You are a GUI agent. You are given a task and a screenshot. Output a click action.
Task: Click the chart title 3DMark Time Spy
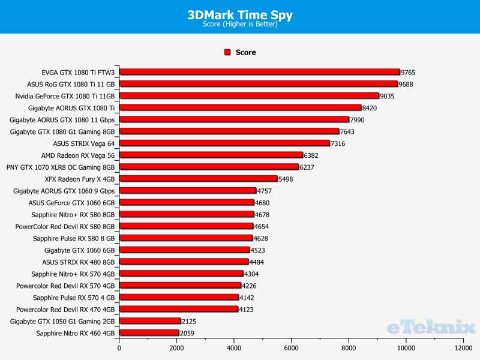pyautogui.click(x=240, y=15)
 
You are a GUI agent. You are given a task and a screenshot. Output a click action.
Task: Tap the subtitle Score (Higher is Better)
pyautogui.click(x=240, y=25)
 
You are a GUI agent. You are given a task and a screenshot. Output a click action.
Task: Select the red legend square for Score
pyautogui.click(x=227, y=52)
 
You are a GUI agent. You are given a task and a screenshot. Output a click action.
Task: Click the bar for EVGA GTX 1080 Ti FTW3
pyautogui.click(x=259, y=72)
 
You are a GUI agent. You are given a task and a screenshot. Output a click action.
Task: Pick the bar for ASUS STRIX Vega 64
pyautogui.click(x=224, y=143)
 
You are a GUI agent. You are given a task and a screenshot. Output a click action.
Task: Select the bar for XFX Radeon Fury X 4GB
pyautogui.click(x=198, y=179)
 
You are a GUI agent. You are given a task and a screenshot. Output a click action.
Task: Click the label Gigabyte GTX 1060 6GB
pyautogui.click(x=79, y=250)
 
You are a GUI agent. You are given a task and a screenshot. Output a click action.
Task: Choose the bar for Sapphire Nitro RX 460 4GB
pyautogui.click(x=149, y=333)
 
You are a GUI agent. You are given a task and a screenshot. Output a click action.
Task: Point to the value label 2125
pyautogui.click(x=190, y=321)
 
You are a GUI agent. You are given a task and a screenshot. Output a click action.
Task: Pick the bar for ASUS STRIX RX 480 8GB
pyautogui.click(x=184, y=262)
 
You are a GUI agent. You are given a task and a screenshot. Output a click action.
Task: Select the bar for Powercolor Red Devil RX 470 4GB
pyautogui.click(x=178, y=309)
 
